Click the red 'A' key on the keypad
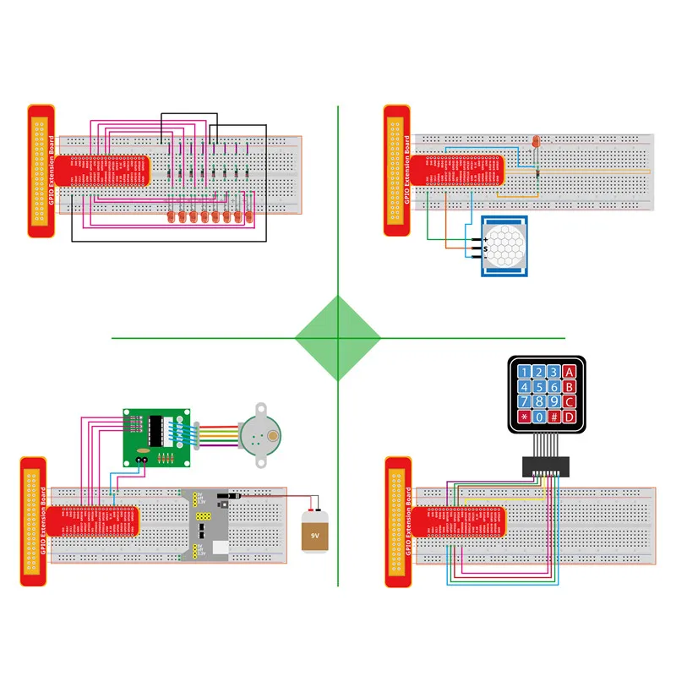pos(570,371)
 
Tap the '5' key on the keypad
pos(538,386)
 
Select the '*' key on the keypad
pos(524,417)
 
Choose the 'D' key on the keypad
pos(570,417)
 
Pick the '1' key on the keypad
pos(524,371)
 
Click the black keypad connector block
pos(546,465)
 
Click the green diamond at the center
pos(337,338)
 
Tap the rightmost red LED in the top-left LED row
pos(250,218)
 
